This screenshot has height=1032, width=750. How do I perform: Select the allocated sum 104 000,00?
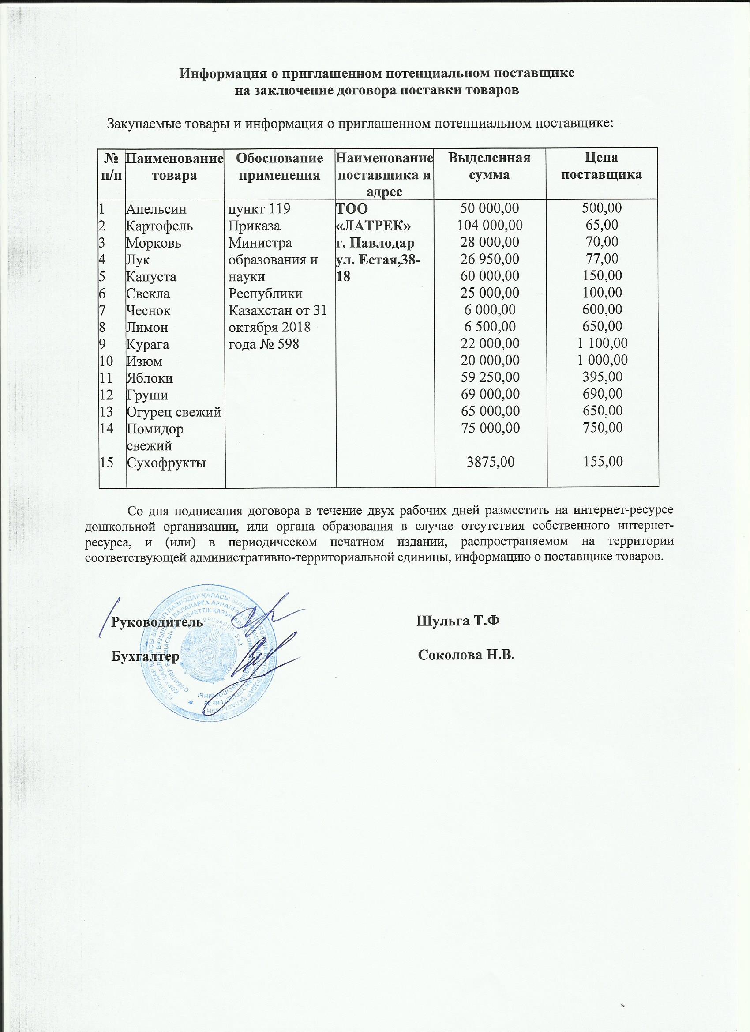[489, 226]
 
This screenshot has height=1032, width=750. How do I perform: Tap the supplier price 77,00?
[602, 260]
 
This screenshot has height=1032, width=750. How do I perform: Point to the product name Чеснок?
[149, 311]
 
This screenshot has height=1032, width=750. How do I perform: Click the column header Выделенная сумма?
[489, 166]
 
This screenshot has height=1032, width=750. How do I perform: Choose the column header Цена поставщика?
[602, 166]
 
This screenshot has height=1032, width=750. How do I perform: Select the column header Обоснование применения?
[280, 166]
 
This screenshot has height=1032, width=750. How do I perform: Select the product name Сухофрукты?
[166, 463]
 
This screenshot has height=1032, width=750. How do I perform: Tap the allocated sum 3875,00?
[491, 462]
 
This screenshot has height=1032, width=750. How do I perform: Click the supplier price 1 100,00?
[602, 343]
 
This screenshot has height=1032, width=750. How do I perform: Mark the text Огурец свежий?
[174, 412]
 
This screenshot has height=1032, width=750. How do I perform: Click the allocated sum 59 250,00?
[489, 378]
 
